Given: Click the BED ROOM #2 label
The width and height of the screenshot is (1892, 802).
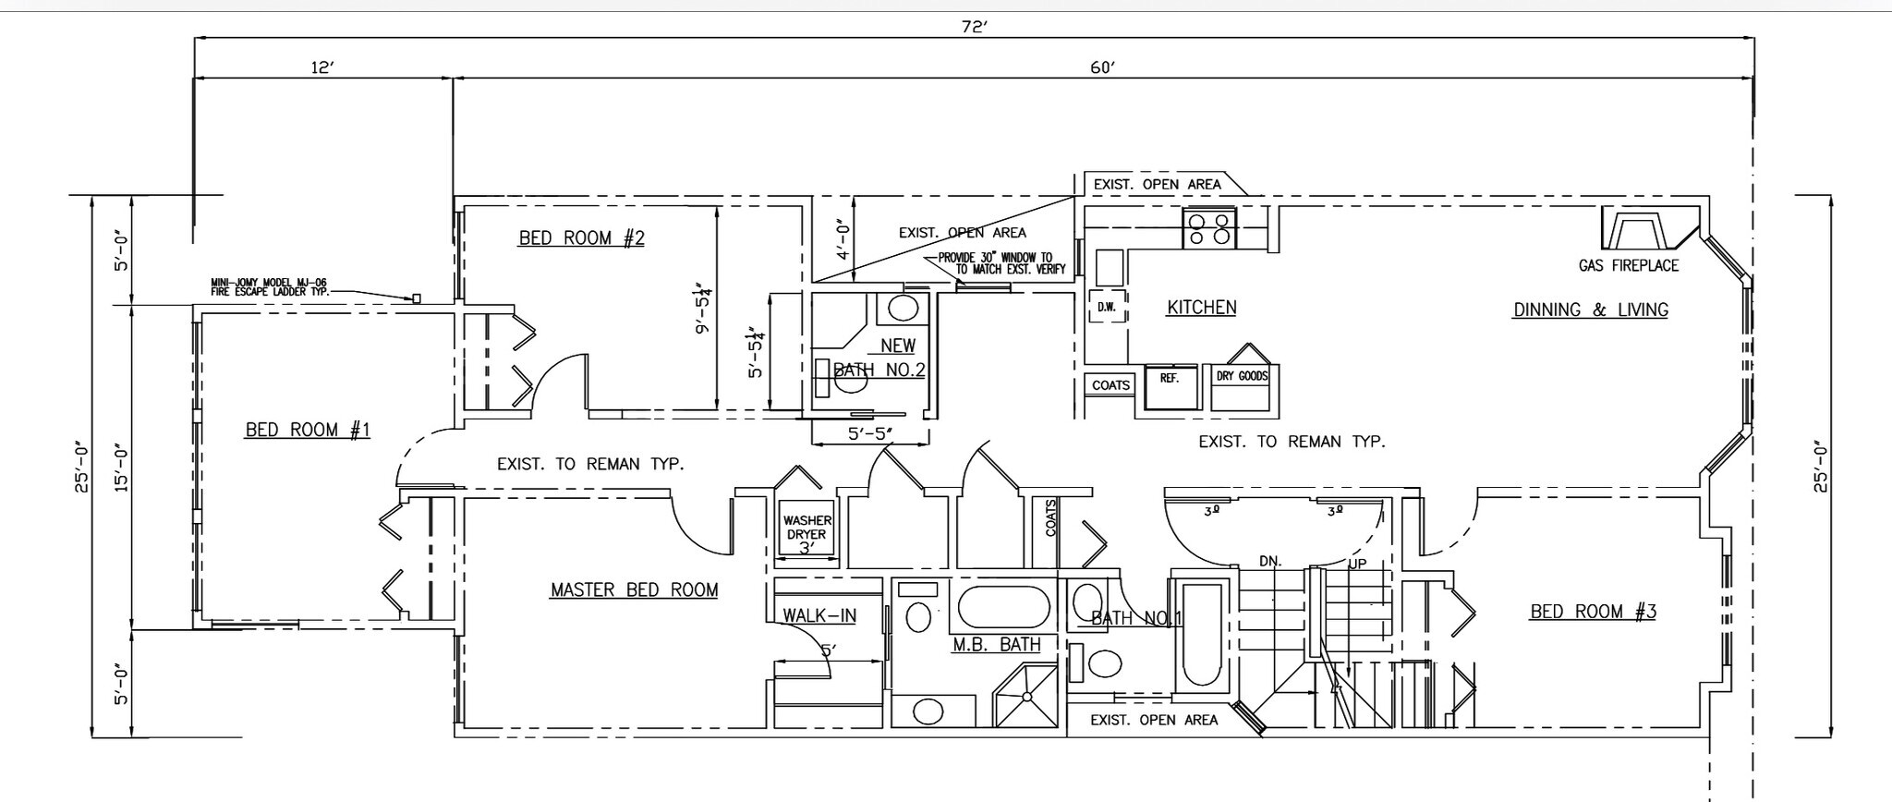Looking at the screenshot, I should [x=581, y=238].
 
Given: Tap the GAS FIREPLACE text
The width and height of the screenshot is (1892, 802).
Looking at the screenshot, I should [x=1628, y=266].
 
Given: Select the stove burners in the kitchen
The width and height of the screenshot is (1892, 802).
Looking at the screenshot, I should [x=1210, y=228].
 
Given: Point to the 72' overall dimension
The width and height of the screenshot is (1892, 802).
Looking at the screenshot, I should [x=974, y=27].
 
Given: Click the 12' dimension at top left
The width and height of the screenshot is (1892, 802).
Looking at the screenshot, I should [x=321, y=67].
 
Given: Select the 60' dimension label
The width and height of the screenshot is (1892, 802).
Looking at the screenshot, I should [x=1103, y=67].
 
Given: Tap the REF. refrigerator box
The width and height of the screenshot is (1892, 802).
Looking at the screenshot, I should [x=1170, y=386].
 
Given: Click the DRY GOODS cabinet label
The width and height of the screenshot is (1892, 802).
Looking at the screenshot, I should [x=1242, y=377].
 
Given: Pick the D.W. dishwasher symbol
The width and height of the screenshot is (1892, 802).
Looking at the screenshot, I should [x=1107, y=307].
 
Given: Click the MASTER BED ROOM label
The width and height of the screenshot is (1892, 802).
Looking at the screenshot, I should [x=634, y=589].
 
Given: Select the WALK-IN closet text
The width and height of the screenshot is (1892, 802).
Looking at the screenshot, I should [x=819, y=615].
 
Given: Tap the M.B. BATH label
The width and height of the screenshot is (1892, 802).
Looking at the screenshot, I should [x=996, y=645].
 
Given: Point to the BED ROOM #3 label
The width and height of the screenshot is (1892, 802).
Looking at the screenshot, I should [x=1593, y=612].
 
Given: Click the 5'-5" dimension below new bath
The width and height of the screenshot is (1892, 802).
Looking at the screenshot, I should [x=868, y=433].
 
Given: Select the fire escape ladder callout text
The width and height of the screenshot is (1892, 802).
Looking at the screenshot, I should [x=269, y=287].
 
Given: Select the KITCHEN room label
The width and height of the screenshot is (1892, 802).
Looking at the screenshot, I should [x=1201, y=308].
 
